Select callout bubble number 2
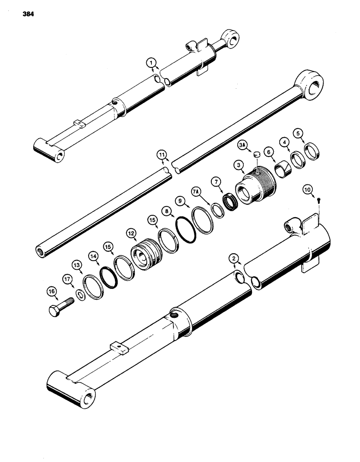coord(235,260)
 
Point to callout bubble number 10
coord(320,189)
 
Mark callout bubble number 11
coord(160,158)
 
